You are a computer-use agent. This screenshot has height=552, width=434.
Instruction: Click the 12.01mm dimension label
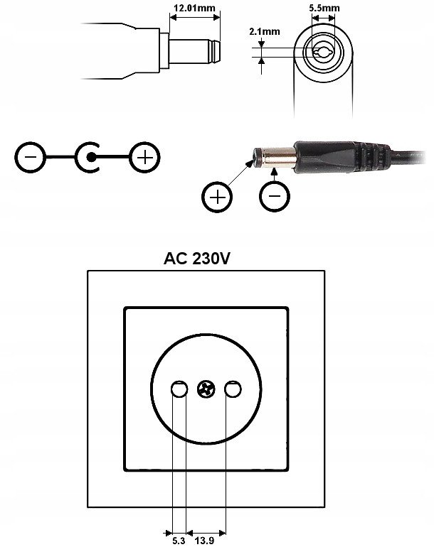point(194,8)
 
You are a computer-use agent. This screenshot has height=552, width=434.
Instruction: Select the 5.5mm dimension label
point(324,8)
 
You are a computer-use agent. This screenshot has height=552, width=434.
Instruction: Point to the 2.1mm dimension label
point(265,32)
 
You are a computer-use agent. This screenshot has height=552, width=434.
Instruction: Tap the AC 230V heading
point(197,259)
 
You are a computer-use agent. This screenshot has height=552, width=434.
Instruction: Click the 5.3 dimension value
point(179,541)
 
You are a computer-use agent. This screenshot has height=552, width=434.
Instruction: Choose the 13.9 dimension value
point(204,541)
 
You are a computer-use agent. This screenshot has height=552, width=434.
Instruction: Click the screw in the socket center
point(206,389)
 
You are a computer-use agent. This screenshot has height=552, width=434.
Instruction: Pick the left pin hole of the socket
point(179,389)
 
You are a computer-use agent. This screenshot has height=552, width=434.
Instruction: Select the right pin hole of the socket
point(233,389)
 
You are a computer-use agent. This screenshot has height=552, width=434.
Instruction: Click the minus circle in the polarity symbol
point(31,157)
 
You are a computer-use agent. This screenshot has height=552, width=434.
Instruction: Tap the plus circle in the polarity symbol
point(144,157)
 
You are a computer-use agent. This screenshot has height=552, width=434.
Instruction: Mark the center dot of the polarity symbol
point(91,157)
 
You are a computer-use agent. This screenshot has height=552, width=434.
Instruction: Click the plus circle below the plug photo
point(217,197)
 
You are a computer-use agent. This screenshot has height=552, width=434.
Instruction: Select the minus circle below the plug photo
point(275,196)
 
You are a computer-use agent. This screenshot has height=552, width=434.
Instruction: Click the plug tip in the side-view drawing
point(213,51)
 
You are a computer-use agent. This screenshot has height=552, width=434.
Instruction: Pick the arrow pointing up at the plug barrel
point(275,175)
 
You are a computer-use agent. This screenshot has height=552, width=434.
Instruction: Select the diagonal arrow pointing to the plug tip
point(240,173)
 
